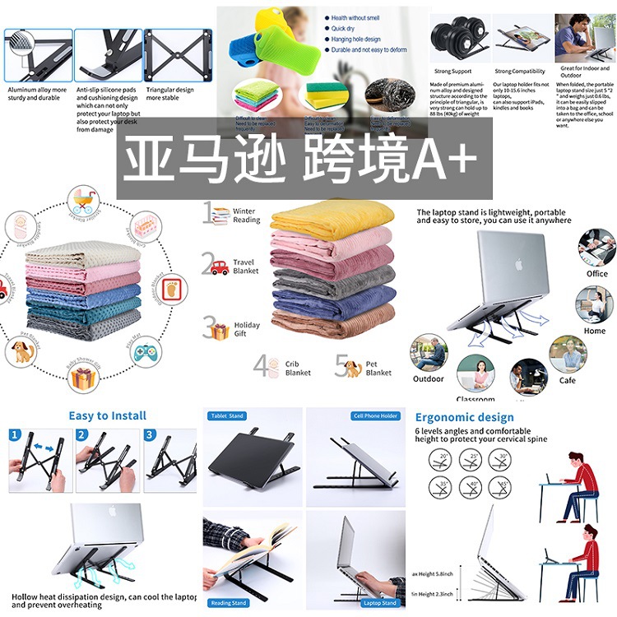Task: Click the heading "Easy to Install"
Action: coord(108,415)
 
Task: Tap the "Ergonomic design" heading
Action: coord(464,417)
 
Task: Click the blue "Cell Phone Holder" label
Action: coord(375,416)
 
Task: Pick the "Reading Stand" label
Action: coord(229,603)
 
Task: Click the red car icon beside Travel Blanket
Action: coord(219,267)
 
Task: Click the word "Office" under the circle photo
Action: coord(596,274)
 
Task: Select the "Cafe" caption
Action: coord(568,380)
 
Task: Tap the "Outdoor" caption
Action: coord(429,379)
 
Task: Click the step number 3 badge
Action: coord(149,435)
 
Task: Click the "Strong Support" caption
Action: coord(453,72)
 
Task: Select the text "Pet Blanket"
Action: coord(378,368)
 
